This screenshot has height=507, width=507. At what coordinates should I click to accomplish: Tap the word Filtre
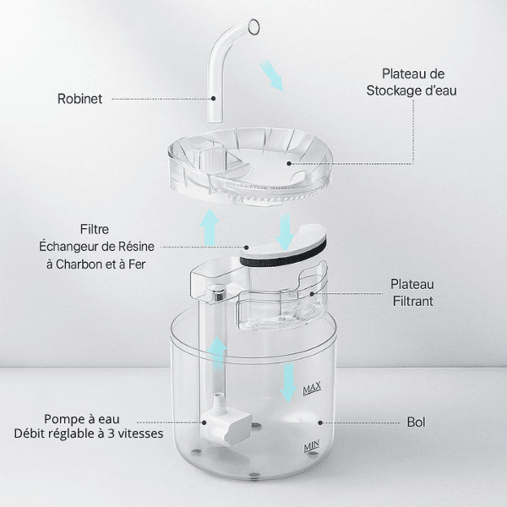pyautogui.click(x=95, y=229)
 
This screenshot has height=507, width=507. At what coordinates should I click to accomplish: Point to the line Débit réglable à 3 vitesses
pyautogui.click(x=88, y=434)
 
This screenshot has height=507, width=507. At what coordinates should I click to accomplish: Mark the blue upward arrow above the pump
pyautogui.click(x=218, y=354)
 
